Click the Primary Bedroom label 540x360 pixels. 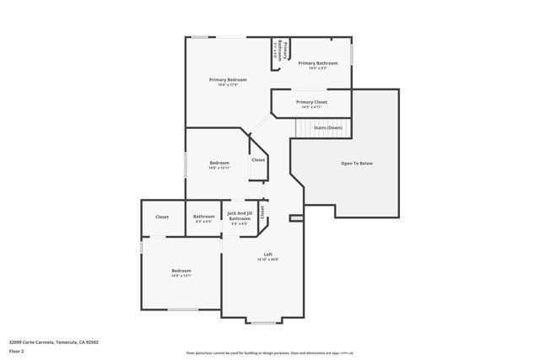coord(228,79)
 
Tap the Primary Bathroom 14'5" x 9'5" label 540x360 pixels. coord(317,63)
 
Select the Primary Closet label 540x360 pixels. coord(311,102)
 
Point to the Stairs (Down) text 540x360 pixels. coord(327,127)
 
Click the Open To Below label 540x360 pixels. coord(356,163)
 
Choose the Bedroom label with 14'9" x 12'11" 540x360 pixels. coord(219,162)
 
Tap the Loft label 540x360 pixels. coord(267,255)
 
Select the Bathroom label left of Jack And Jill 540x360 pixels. coord(203,217)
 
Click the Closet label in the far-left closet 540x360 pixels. coord(161,217)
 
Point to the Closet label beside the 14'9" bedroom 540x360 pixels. coord(258,159)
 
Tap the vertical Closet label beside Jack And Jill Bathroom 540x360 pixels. coord(262,213)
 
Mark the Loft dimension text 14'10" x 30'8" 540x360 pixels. coord(267,260)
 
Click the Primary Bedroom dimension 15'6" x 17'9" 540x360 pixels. coord(228,84)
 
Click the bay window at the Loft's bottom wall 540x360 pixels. coord(263,322)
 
